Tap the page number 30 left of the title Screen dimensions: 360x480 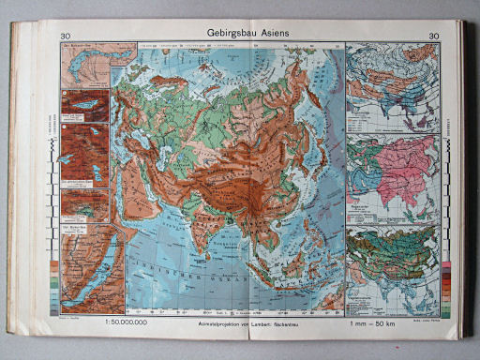pyautogui.click(x=54, y=36)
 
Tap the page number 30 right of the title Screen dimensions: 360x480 pyautogui.click(x=432, y=37)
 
